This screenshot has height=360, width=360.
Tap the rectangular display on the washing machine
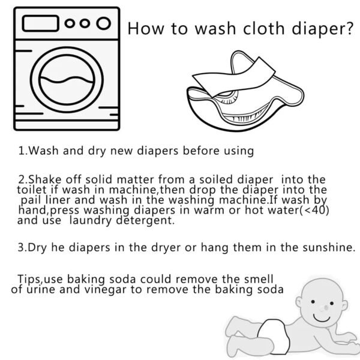pyautogui.click(x=40, y=25)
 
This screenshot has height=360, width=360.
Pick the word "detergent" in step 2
pyautogui.click(x=148, y=221)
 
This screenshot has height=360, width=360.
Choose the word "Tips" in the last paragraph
pyautogui.click(x=28, y=279)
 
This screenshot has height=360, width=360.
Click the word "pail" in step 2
pyautogui.click(x=28, y=200)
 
